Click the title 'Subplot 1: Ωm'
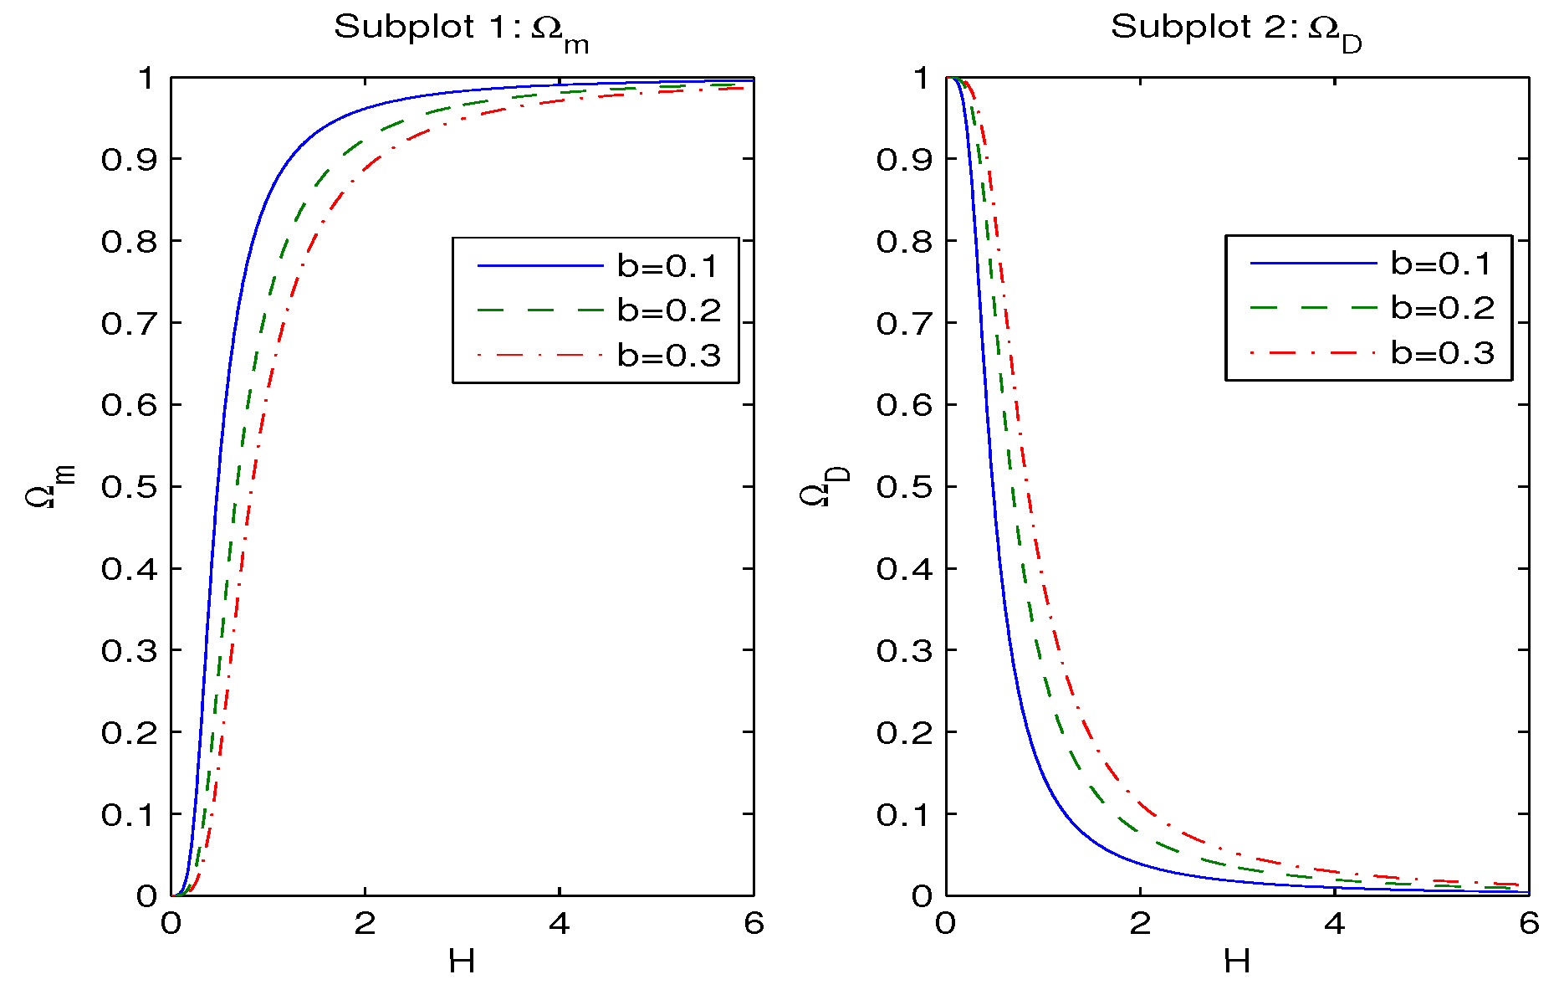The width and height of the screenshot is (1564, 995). pos(461,29)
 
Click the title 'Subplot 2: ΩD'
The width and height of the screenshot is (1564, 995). pos(1236,29)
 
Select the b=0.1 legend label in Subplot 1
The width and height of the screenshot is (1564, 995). pos(668,266)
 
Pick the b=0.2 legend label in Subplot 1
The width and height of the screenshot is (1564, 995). pos(668,310)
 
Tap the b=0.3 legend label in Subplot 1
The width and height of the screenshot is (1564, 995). pos(668,356)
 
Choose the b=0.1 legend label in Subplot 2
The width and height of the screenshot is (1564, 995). pos(1442,264)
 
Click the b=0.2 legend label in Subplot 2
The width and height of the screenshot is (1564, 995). pos(1442,308)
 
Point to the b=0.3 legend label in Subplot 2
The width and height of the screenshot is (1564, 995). pos(1442,353)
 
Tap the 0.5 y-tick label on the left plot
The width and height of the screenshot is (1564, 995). pos(129,487)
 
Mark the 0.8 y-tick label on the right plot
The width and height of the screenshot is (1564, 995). pos(904,242)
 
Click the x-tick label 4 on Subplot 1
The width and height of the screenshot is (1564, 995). pos(560,924)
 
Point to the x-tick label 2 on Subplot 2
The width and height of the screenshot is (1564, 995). pos(1140,924)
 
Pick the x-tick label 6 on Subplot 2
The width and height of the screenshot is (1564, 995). pos(1529,924)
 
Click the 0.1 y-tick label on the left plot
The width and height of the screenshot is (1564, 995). pos(129,814)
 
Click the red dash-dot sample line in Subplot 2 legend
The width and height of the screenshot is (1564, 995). pos(1313,353)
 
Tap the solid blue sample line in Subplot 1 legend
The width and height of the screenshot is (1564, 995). pos(540,266)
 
